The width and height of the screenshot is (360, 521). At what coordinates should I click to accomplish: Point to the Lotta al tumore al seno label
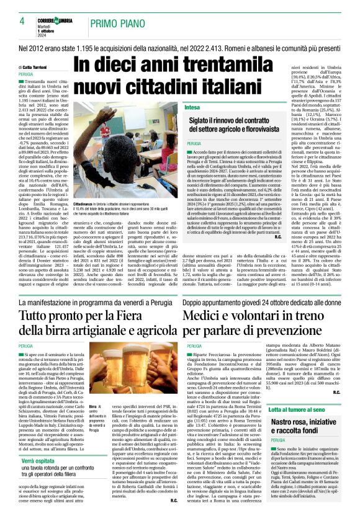[x=317, y=428]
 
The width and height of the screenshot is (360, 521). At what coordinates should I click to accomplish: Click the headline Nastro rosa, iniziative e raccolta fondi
[x=317, y=450]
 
